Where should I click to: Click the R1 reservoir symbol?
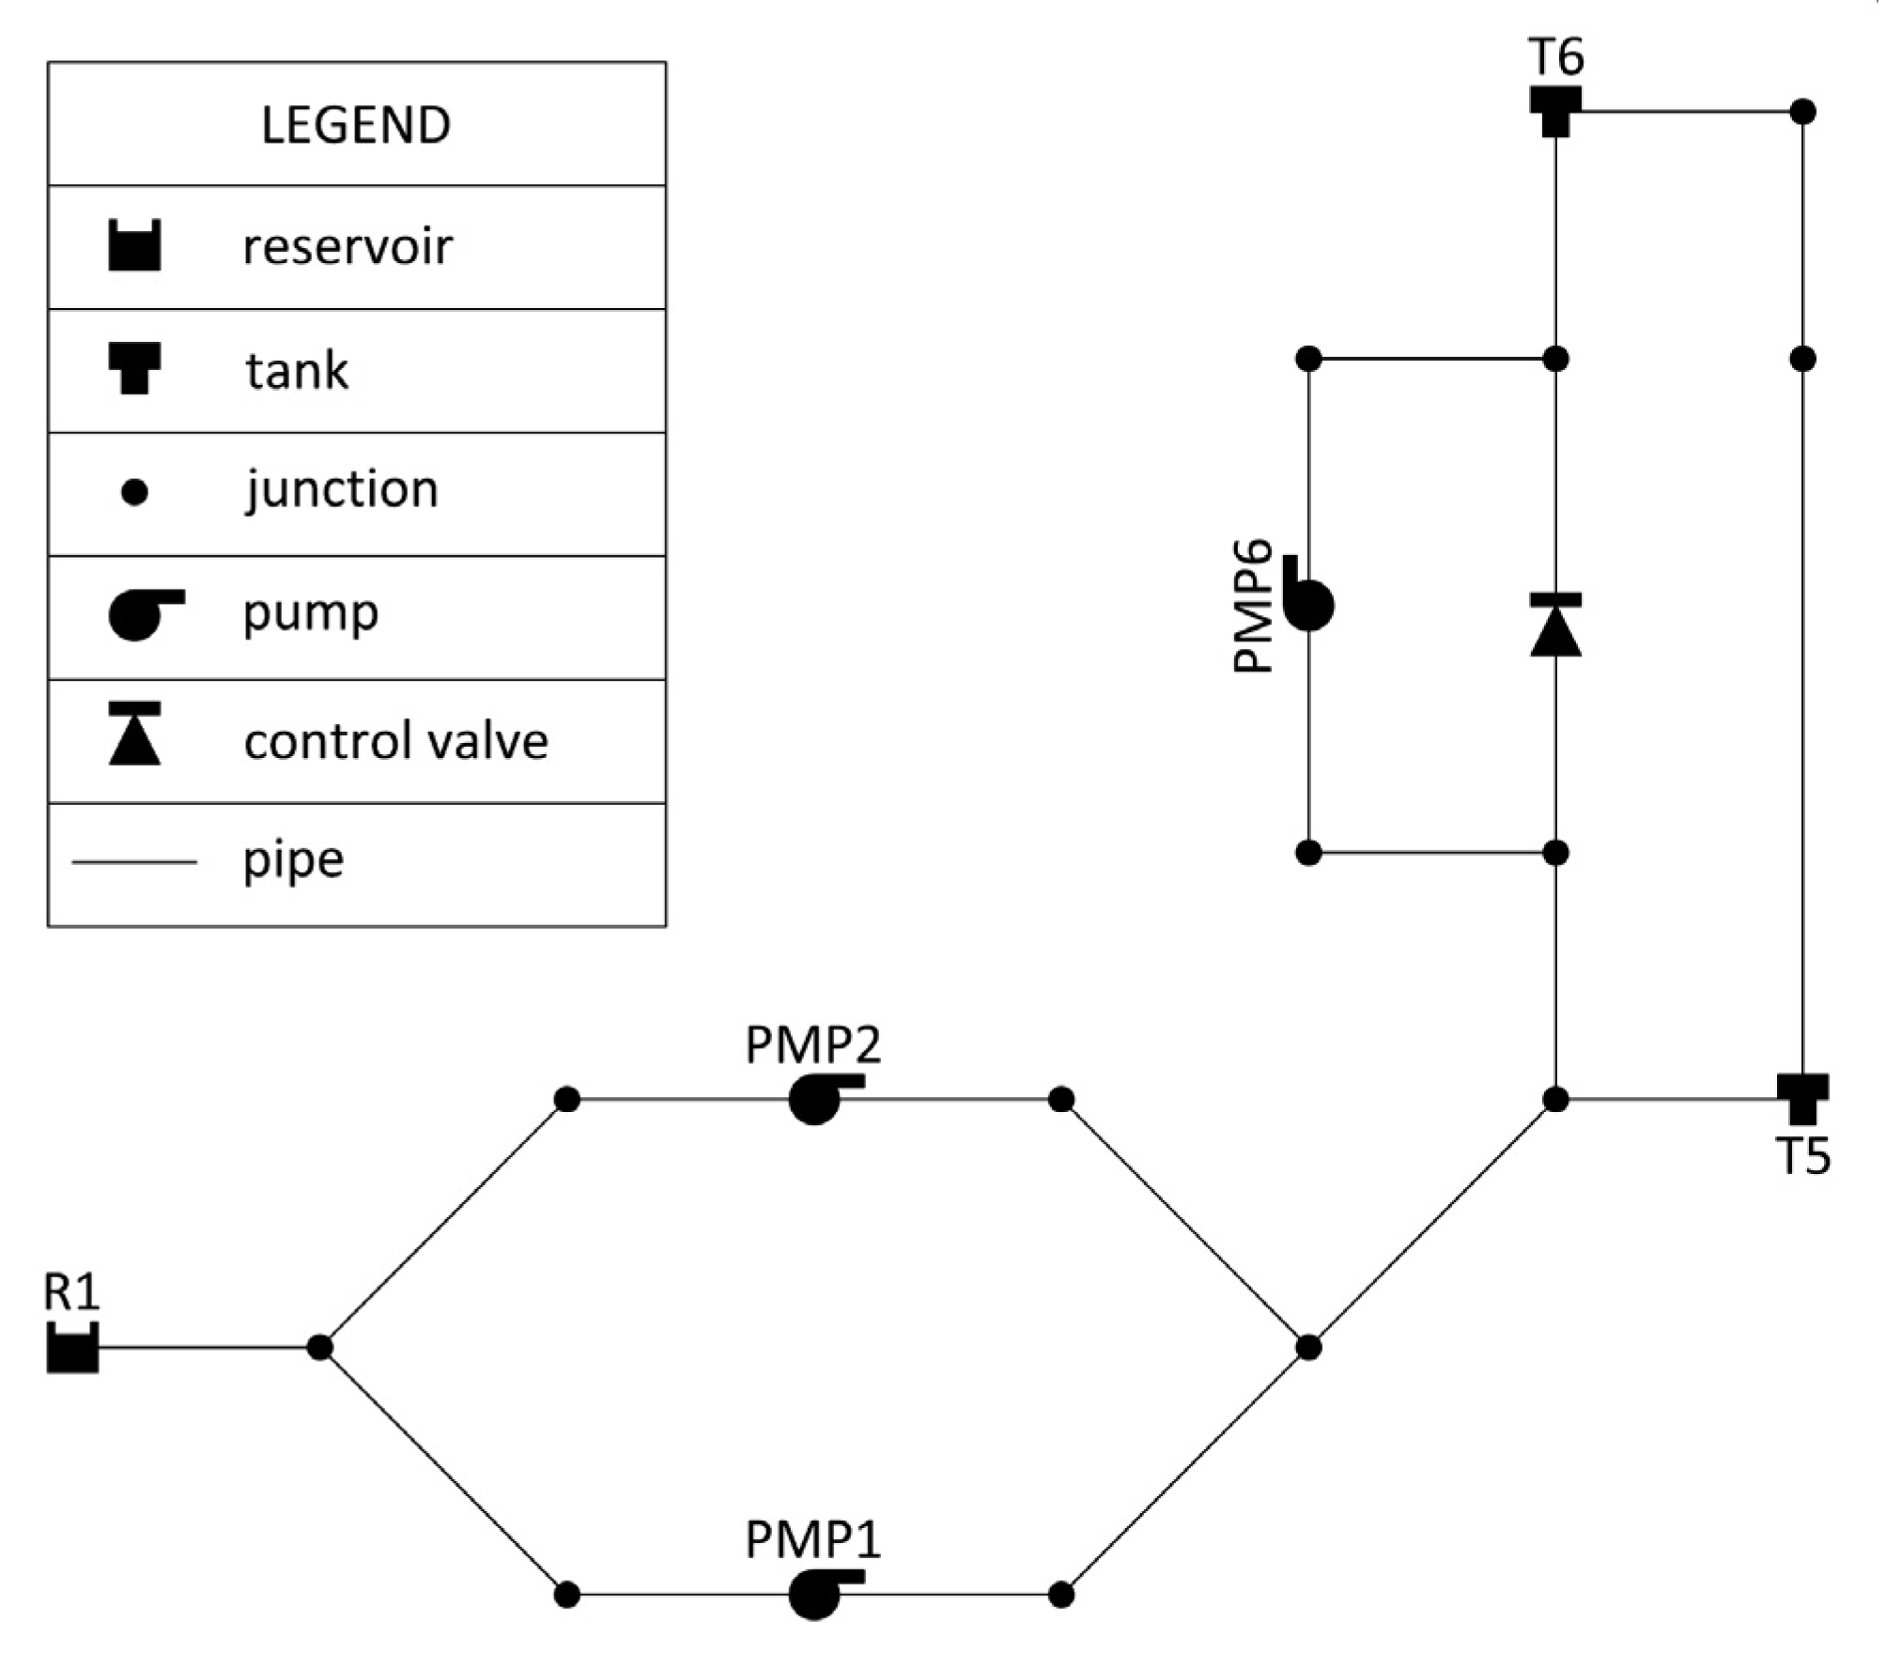click(x=72, y=1350)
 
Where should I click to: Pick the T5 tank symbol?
click(x=1801, y=1098)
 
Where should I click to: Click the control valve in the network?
click(x=1555, y=625)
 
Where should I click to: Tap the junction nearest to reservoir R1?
click(x=320, y=1348)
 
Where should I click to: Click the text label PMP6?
click(x=1252, y=606)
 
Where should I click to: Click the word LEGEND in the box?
click(x=356, y=125)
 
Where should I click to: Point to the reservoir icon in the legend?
click(x=134, y=246)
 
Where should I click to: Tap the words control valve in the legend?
click(x=395, y=741)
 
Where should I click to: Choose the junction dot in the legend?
click(x=134, y=492)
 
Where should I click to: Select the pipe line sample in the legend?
click(x=134, y=861)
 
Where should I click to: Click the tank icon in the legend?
click(x=134, y=368)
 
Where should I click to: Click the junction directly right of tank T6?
click(x=1802, y=112)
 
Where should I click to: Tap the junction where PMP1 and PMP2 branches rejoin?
click(x=1308, y=1348)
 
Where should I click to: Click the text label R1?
click(x=71, y=1292)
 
